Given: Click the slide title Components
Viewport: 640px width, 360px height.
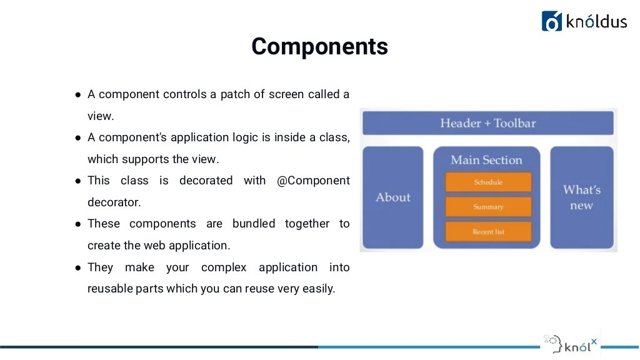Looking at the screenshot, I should [319, 47].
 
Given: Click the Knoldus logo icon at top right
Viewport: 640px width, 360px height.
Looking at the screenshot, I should [552, 21].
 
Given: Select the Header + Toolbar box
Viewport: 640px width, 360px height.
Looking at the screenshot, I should [488, 122].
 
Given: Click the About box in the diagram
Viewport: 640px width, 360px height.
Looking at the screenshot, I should [392, 197].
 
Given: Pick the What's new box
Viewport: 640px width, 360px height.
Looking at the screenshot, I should [581, 197].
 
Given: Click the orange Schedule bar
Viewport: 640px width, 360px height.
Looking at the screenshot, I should [488, 182].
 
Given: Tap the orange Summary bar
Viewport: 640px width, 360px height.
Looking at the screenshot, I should [488, 207].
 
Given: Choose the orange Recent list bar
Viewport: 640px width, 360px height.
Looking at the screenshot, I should [488, 232].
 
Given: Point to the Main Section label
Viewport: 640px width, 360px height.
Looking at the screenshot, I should [486, 160].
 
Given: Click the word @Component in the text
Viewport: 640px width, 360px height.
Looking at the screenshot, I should [313, 181].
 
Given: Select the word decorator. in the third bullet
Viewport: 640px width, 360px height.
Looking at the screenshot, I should [114, 202].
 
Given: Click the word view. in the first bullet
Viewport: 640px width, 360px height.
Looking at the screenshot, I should [101, 116].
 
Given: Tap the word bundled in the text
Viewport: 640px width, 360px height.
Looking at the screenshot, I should [254, 224].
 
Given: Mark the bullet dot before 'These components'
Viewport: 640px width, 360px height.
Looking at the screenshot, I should [78, 224].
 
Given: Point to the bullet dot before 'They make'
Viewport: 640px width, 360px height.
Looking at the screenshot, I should [78, 268].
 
